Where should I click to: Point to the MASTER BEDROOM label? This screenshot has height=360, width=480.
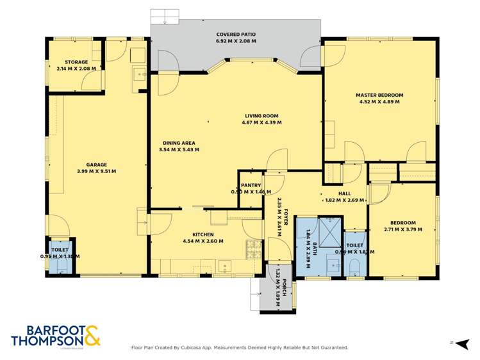(380, 95)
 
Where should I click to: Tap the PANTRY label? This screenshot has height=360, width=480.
(251, 185)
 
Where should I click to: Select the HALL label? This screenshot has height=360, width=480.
(345, 193)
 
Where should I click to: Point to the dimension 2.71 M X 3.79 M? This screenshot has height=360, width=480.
(403, 229)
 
